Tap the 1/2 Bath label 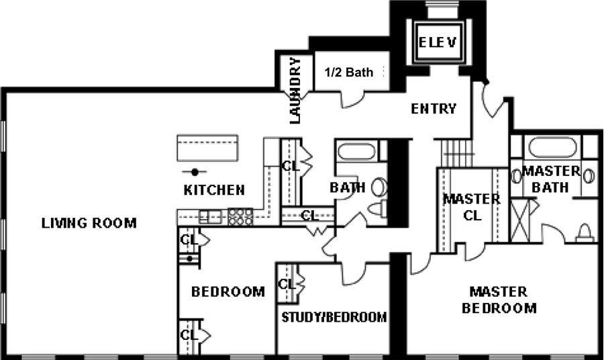[x=349, y=73]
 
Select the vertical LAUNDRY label [x=295, y=91]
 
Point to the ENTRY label [x=434, y=108]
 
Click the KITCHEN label [x=214, y=190]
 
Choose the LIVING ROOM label [x=89, y=223]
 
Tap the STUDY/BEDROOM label [x=334, y=317]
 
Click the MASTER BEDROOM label [x=503, y=300]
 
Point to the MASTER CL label [x=471, y=207]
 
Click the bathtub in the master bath [x=553, y=147]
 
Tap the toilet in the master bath [x=584, y=232]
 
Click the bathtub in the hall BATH [x=356, y=150]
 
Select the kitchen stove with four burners [x=240, y=216]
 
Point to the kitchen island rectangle [x=207, y=147]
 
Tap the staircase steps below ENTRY [x=456, y=152]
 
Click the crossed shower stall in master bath [x=521, y=220]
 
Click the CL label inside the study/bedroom [x=287, y=284]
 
